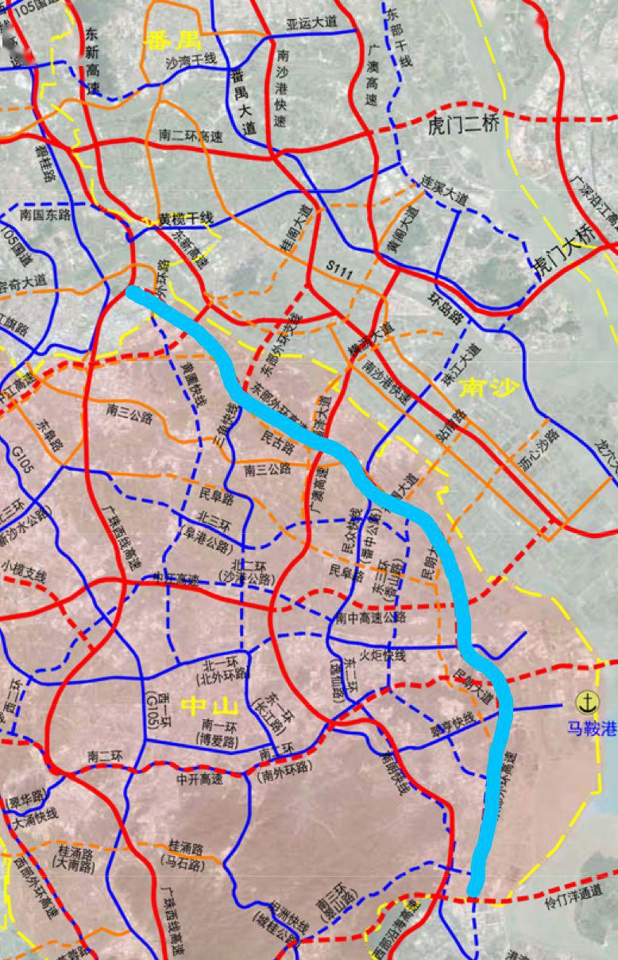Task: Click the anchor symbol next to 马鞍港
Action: coord(587,701)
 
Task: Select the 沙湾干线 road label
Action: coord(191,60)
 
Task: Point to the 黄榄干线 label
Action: coord(186,219)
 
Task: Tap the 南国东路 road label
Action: coord(45,215)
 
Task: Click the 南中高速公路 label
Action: coord(373,617)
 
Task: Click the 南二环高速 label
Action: coord(191,136)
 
